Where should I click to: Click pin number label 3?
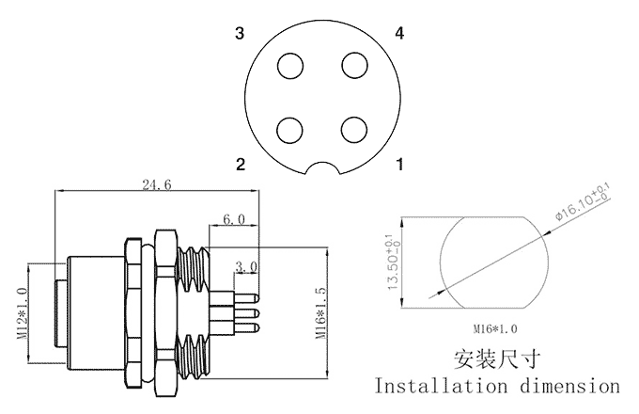click(241, 35)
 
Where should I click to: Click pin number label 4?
click(400, 35)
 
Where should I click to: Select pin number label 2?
click(241, 165)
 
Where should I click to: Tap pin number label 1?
click(400, 165)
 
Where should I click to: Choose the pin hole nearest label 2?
click(291, 128)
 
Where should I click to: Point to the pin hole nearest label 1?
click(353, 128)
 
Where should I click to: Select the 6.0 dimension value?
click(233, 219)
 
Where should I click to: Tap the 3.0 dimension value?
click(246, 267)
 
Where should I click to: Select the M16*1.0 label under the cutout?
click(495, 329)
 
